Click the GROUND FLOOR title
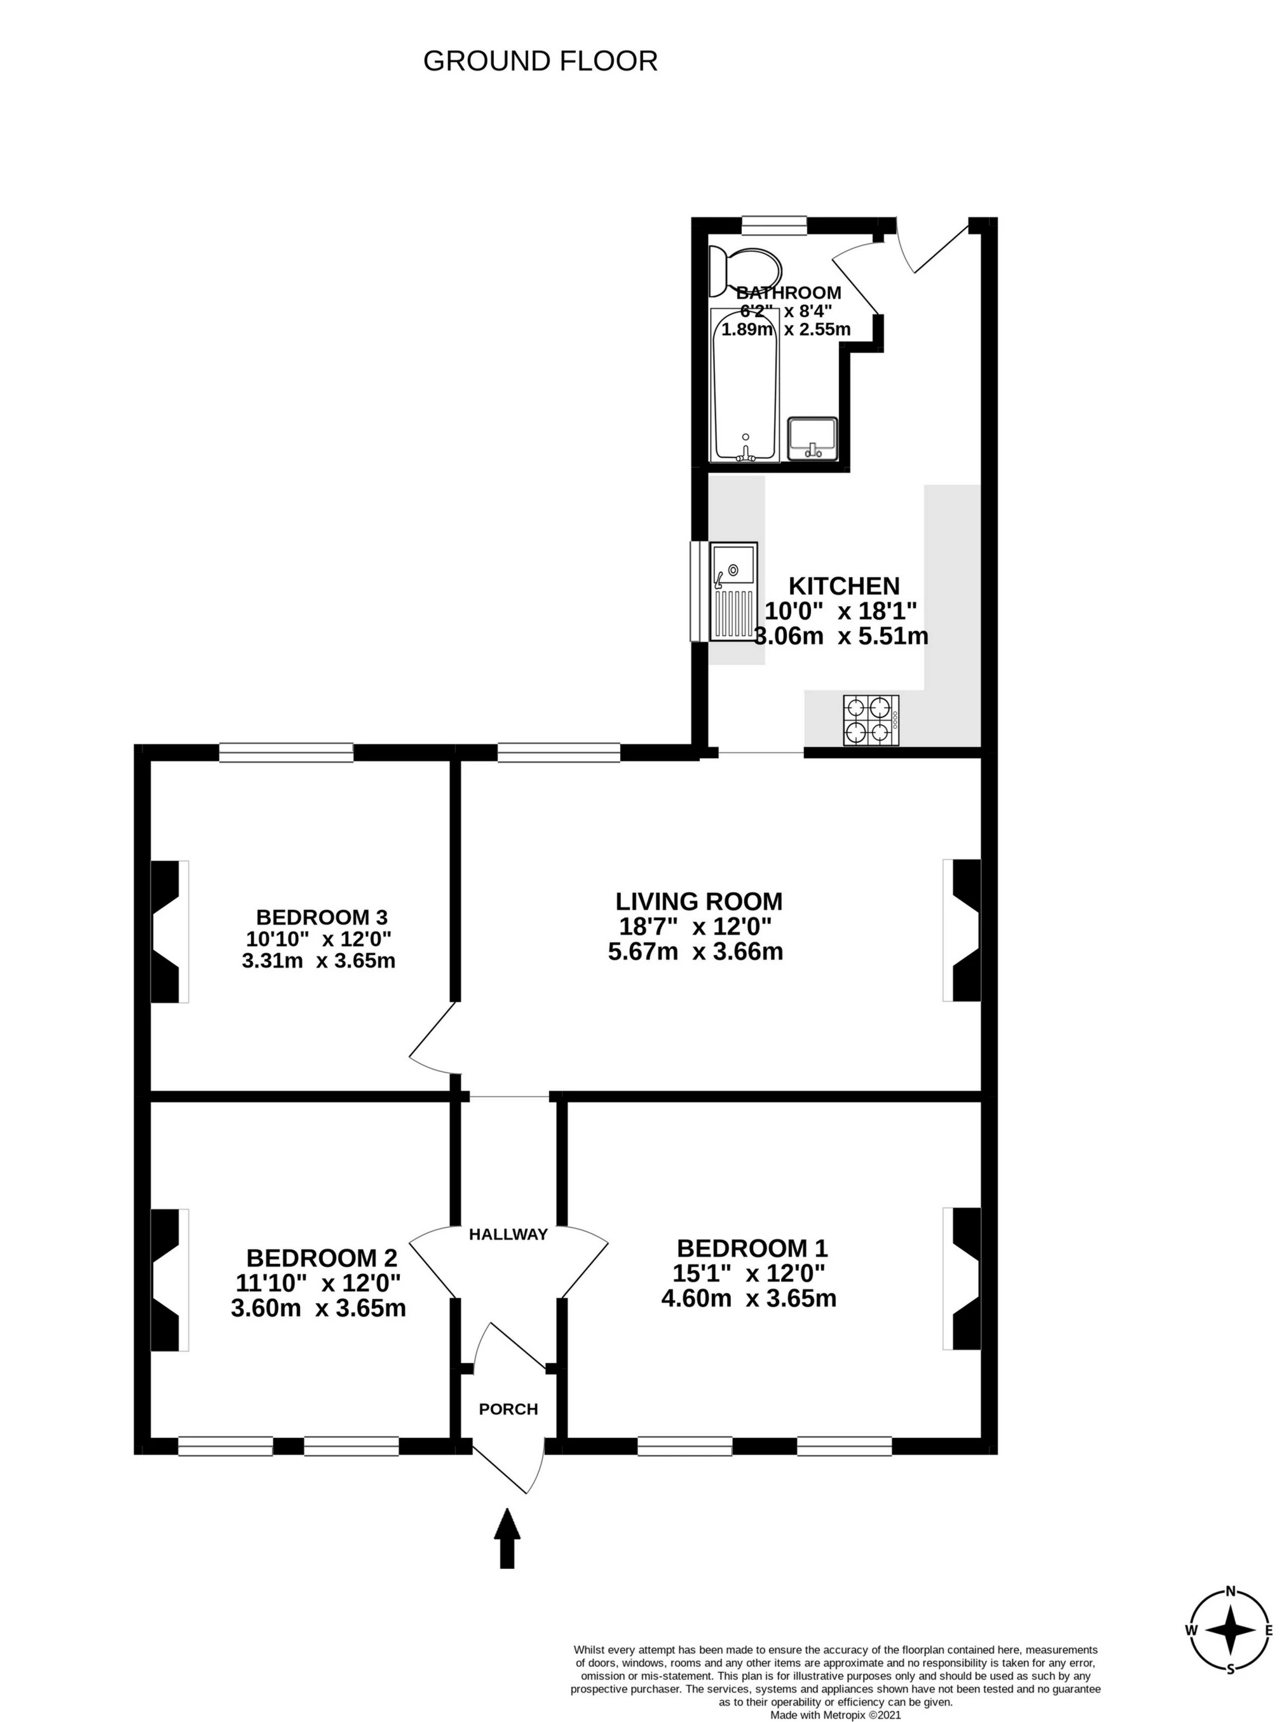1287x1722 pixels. click(x=540, y=61)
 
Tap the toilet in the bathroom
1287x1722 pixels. click(x=744, y=272)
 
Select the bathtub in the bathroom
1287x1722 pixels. click(x=745, y=385)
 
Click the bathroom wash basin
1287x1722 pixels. click(x=813, y=439)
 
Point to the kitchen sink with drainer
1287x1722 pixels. click(x=733, y=592)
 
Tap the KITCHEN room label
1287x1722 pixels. click(x=844, y=585)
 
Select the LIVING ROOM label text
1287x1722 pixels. click(x=698, y=902)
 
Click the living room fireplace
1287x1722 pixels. click(x=962, y=930)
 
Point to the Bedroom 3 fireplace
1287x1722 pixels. click(x=169, y=931)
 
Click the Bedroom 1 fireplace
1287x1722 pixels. click(x=962, y=1278)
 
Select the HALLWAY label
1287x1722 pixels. click(x=508, y=1234)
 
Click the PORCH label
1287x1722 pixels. click(x=508, y=1409)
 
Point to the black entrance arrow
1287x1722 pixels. click(x=507, y=1538)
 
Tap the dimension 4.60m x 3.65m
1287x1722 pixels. click(x=748, y=1298)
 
